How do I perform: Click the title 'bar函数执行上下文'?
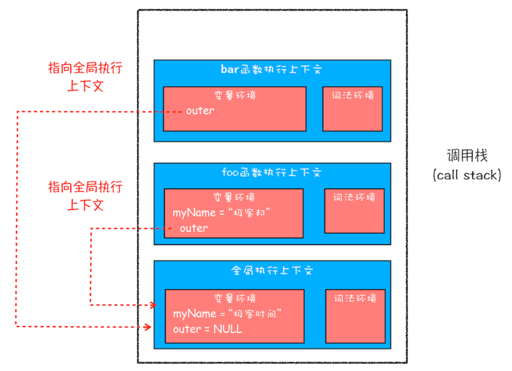tap(271, 69)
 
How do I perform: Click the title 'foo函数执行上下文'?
tap(272, 173)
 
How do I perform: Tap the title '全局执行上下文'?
tap(272, 270)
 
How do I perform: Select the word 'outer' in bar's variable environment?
tap(200, 111)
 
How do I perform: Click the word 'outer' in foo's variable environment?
tap(194, 228)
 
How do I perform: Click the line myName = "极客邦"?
tap(221, 213)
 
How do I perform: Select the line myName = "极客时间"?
tap(227, 314)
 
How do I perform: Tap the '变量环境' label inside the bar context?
tap(235, 95)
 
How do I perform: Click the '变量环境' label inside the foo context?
tap(234, 198)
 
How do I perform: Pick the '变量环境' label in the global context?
tap(235, 299)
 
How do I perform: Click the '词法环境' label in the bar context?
tap(353, 95)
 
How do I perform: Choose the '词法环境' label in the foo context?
tap(354, 198)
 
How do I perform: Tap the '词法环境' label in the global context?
tap(355, 299)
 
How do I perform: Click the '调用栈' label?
tap(467, 155)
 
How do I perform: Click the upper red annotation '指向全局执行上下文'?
tap(85, 77)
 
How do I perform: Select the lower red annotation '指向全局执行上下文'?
tap(85, 196)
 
